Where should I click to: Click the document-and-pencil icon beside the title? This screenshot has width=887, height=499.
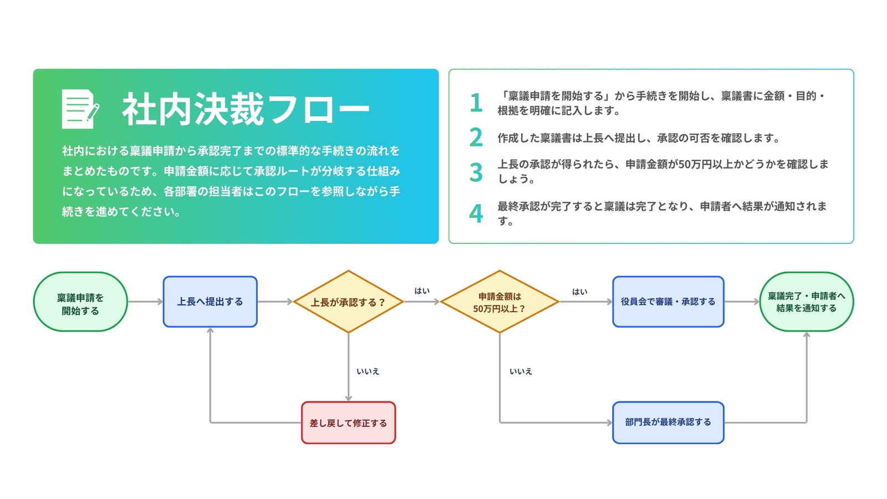pyautogui.click(x=80, y=109)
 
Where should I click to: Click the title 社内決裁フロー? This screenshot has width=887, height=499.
pyautogui.click(x=246, y=109)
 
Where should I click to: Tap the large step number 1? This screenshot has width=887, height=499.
pyautogui.click(x=476, y=103)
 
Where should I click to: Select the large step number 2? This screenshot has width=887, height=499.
pyautogui.click(x=476, y=137)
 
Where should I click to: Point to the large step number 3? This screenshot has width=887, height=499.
pyautogui.click(x=476, y=172)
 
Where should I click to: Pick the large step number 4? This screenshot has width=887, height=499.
pyautogui.click(x=476, y=213)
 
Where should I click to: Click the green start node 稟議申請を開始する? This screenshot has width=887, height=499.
pyautogui.click(x=80, y=302)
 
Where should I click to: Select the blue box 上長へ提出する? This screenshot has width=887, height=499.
pyautogui.click(x=210, y=302)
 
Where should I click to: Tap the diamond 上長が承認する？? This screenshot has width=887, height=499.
pyautogui.click(x=349, y=302)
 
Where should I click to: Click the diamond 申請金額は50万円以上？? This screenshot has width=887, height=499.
pyautogui.click(x=499, y=302)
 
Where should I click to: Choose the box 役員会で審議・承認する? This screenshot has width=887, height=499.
pyautogui.click(x=669, y=302)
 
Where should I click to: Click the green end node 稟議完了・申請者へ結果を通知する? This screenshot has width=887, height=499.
pyautogui.click(x=807, y=302)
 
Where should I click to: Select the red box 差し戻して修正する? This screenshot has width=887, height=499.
pyautogui.click(x=349, y=422)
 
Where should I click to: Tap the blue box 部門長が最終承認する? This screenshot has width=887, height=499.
pyautogui.click(x=669, y=422)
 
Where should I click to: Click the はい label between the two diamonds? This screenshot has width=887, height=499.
pyautogui.click(x=422, y=291)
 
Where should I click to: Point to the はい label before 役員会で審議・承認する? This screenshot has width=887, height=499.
pyautogui.click(x=580, y=292)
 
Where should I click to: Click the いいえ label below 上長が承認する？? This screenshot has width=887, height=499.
pyautogui.click(x=368, y=371)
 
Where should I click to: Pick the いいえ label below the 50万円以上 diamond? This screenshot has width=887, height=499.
pyautogui.click(x=521, y=371)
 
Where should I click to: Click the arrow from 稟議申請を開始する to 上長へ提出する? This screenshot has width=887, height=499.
pyautogui.click(x=145, y=302)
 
